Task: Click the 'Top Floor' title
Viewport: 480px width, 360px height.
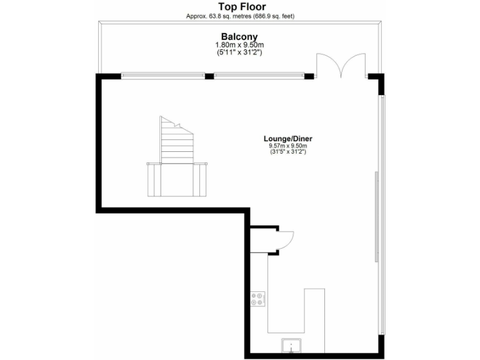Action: click(x=239, y=7)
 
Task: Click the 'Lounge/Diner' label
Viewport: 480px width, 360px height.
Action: click(x=287, y=139)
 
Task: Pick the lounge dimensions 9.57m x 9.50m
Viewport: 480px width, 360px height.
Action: click(x=287, y=146)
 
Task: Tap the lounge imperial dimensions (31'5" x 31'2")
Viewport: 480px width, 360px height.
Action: click(x=287, y=152)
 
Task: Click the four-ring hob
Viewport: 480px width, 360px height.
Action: click(x=258, y=299)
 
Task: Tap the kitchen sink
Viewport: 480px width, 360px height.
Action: click(x=291, y=345)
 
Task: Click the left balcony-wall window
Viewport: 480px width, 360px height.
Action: click(x=163, y=76)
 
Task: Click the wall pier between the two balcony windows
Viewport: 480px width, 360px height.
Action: click(x=209, y=76)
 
